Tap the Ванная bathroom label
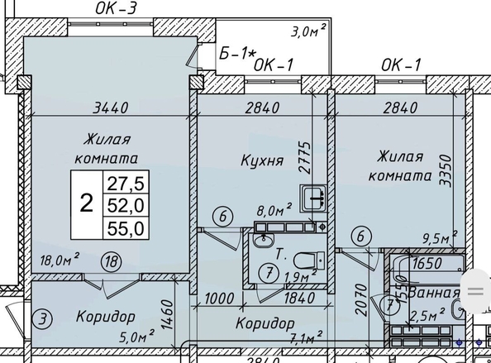(x=433, y=294)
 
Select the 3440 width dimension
(x=111, y=107)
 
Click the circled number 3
(x=39, y=316)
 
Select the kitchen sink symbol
(x=313, y=199)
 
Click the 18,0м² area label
(x=57, y=260)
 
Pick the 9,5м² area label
(x=437, y=238)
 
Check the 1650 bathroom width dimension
(x=429, y=265)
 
